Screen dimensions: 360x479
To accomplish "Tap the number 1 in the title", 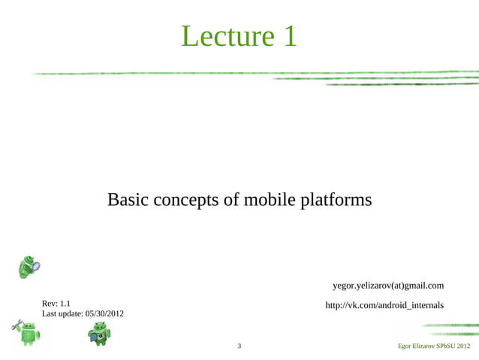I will click(x=289, y=36).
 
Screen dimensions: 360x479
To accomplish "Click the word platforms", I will click(x=336, y=201).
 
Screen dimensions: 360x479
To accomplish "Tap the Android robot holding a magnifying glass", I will click(x=28, y=266).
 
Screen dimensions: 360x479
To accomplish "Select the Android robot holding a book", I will click(x=98, y=333).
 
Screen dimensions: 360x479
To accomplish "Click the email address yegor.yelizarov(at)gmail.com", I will click(x=387, y=286).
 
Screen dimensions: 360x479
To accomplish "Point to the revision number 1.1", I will click(x=65, y=304).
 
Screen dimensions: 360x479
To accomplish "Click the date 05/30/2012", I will click(x=105, y=313).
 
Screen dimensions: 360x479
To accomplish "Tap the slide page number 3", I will click(x=239, y=346).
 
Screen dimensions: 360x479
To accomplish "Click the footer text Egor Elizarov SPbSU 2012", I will click(x=434, y=346).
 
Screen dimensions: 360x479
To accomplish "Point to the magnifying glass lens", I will click(x=35, y=265).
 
